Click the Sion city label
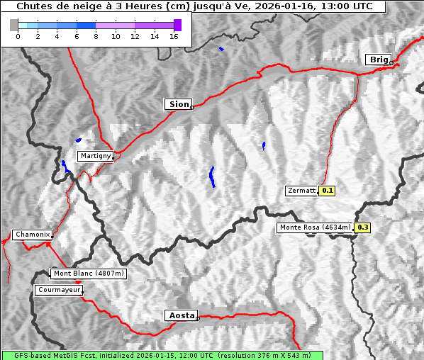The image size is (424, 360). click(179, 104)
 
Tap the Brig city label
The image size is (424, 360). click(378, 60)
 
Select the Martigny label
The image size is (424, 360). click(95, 156)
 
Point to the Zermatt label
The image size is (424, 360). click(301, 191)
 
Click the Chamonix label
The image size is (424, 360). click(32, 235)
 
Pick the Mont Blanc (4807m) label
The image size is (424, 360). click(89, 274)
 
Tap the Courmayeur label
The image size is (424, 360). click(59, 290)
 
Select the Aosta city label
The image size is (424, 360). click(180, 315)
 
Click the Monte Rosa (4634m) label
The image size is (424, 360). click(314, 227)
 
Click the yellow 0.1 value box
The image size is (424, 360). click(327, 191)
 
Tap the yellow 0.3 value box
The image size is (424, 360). click(362, 227)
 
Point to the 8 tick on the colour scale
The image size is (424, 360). click(96, 36)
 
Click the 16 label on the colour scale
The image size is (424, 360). click(174, 36)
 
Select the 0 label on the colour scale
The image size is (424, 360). click(18, 36)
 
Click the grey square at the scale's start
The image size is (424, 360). click(14, 25)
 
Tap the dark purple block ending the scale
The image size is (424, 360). click(177, 25)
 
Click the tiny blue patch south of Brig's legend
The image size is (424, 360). click(221, 49)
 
